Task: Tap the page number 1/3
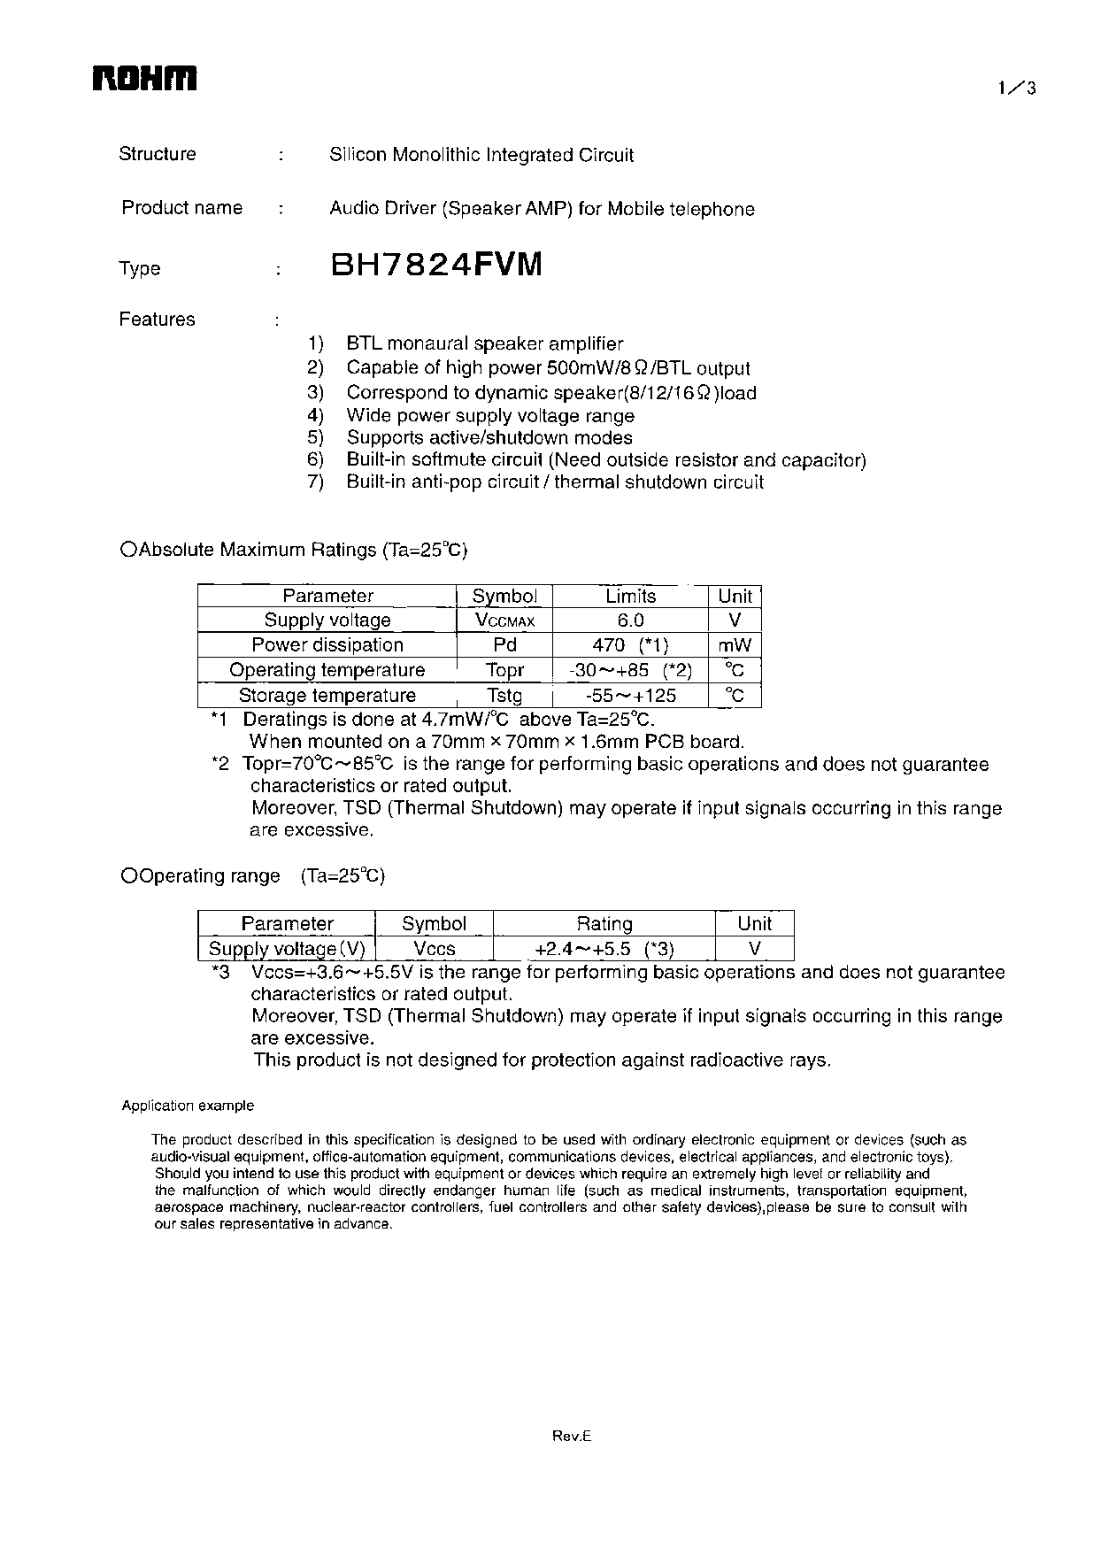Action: pyautogui.click(x=1016, y=88)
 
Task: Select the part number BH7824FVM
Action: pyautogui.click(x=435, y=265)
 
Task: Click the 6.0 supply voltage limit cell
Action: pyautogui.click(x=630, y=620)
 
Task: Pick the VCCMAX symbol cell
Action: pyautogui.click(x=504, y=620)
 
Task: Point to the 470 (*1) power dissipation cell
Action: pyautogui.click(x=630, y=645)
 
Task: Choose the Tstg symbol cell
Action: pyautogui.click(x=504, y=696)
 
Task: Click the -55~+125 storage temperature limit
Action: pyautogui.click(x=630, y=696)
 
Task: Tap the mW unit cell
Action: pyautogui.click(x=735, y=645)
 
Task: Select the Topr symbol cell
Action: pyautogui.click(x=504, y=670)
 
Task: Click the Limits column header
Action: pyautogui.click(x=630, y=596)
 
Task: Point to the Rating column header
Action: pyautogui.click(x=604, y=923)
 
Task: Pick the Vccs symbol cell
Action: pyautogui.click(x=434, y=949)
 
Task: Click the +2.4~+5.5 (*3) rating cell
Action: pyautogui.click(x=604, y=949)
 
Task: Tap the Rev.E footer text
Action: pyautogui.click(x=571, y=1437)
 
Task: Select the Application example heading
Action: pyautogui.click(x=188, y=1106)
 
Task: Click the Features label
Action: pyautogui.click(x=157, y=320)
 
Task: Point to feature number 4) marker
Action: pyautogui.click(x=316, y=415)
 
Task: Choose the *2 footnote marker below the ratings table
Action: pyautogui.click(x=220, y=764)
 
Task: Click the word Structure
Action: pyautogui.click(x=158, y=154)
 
